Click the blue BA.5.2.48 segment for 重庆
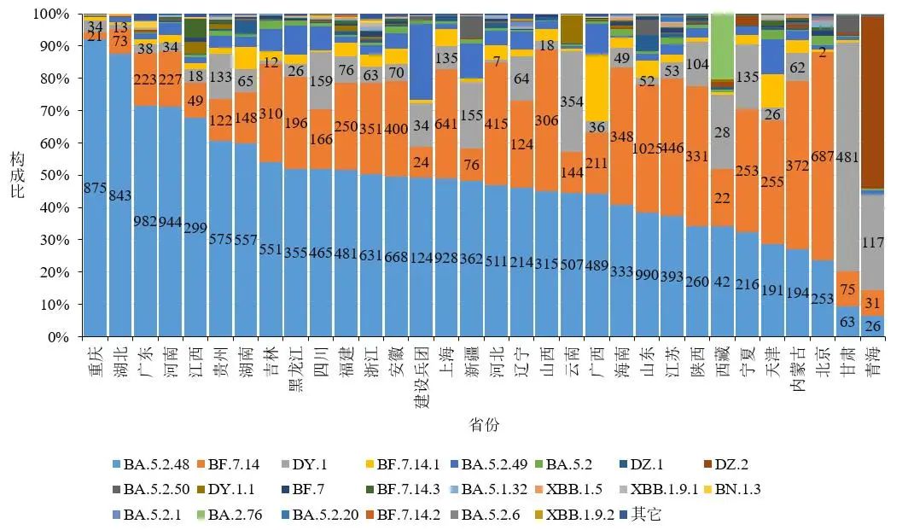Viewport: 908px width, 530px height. [x=95, y=188]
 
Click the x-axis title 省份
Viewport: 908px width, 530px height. [x=484, y=425]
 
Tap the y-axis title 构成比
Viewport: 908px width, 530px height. [x=16, y=175]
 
